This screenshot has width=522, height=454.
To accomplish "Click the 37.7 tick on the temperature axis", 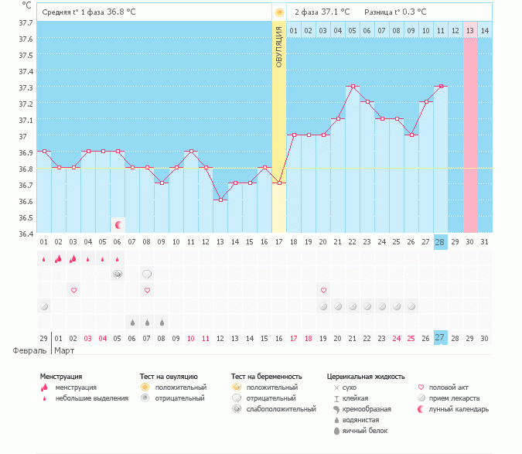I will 26,22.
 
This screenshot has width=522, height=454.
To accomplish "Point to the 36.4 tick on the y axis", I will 26,234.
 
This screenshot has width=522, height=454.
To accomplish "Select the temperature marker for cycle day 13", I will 220,200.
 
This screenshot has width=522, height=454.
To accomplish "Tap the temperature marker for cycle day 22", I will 353,86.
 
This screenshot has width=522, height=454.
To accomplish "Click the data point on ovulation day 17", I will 279,183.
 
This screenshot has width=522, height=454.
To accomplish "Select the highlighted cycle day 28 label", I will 440,242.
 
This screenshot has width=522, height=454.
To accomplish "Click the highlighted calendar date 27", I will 440,338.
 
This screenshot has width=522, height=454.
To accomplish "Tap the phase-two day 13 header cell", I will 469,30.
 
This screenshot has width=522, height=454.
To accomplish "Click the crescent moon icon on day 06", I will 118,225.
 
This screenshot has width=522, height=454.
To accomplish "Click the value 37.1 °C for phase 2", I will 335,12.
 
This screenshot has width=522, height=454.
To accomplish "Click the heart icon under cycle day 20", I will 323,290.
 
